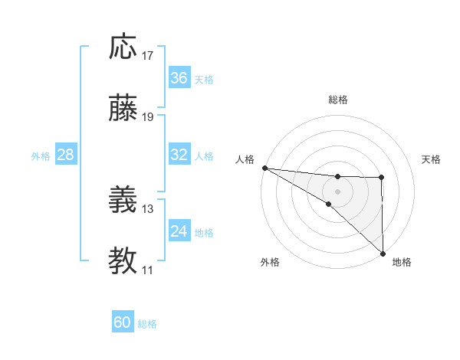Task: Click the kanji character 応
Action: pos(123,47)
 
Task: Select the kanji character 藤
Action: pos(123,109)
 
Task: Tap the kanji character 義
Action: pos(123,201)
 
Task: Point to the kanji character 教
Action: pos(123,261)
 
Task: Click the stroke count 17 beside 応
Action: pos(148,56)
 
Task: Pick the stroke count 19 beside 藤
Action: pos(148,117)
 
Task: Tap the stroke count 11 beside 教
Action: pos(148,270)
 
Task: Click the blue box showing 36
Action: pos(179,78)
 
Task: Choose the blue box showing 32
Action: pos(179,155)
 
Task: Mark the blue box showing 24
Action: pos(179,231)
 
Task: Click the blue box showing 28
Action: pos(66,155)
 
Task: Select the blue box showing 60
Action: pos(123,322)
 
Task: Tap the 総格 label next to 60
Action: pos(148,324)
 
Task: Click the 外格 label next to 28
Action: pos(41,156)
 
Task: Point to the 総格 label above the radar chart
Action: pos(338,100)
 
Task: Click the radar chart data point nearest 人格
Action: pos(264,167)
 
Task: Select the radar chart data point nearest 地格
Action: pos(382,253)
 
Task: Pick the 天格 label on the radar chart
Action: pos(432,159)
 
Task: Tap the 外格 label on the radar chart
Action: pos(270,262)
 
